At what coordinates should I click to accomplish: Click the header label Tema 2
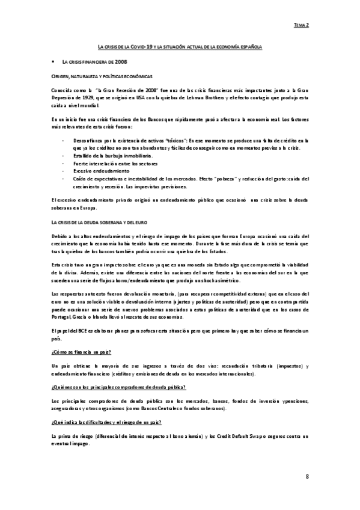coord(301,26)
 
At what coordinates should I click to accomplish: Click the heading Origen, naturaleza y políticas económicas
coord(100,77)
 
